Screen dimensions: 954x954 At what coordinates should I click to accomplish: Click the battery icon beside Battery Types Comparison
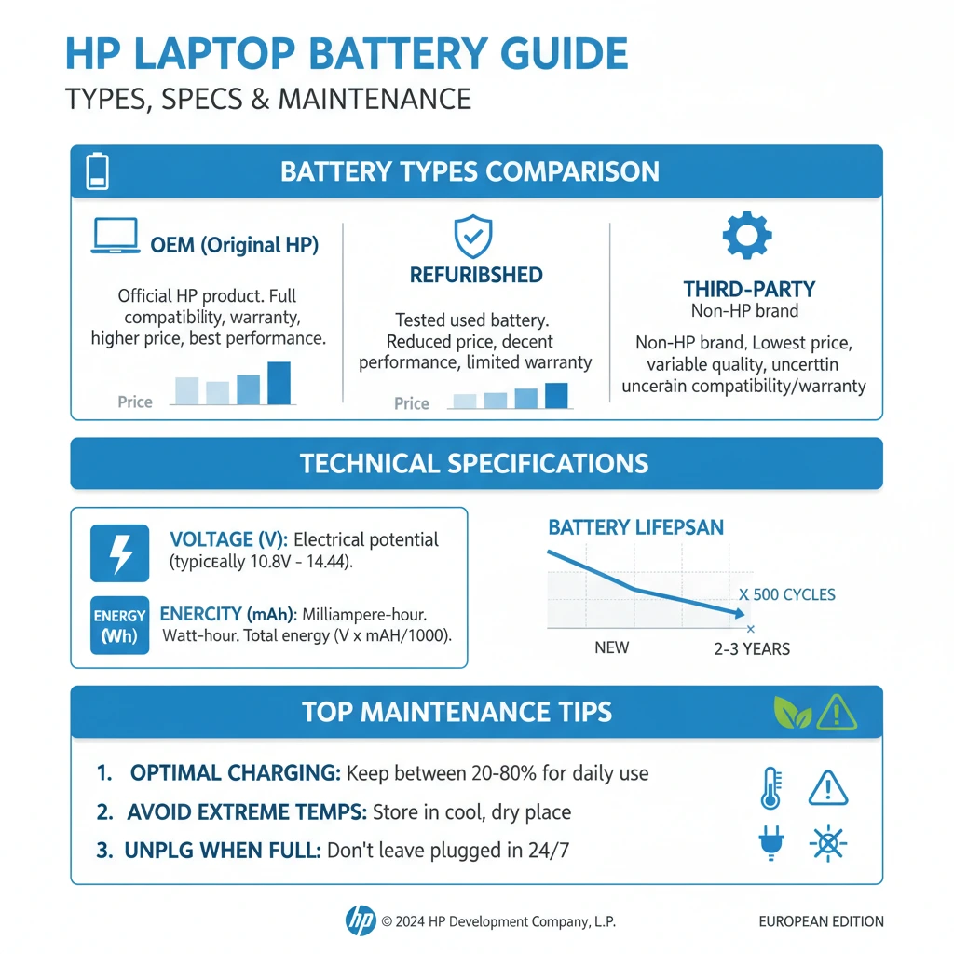coord(98,172)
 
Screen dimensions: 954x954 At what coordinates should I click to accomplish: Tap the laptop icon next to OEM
coord(115,237)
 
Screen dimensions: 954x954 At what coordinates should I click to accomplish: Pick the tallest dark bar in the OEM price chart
coord(279,383)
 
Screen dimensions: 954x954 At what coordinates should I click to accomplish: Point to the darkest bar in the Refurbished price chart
coord(556,395)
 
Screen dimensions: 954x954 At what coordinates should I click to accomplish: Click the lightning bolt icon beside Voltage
coord(119,552)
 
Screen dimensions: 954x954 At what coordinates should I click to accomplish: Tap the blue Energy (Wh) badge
coord(119,625)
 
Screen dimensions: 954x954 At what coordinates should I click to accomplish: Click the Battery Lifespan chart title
coord(635,528)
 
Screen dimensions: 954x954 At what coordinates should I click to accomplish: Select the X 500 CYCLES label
coord(786,594)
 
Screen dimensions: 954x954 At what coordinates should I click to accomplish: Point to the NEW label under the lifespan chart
coord(611,647)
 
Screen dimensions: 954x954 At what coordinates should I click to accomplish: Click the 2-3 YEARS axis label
coord(752,648)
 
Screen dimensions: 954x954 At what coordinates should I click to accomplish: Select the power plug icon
coord(770,843)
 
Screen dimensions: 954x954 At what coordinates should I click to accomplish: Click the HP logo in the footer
coord(361,920)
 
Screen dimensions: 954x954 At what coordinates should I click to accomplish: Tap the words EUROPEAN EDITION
coord(821,921)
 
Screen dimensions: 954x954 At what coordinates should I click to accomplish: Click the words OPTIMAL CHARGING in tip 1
coord(235,773)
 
